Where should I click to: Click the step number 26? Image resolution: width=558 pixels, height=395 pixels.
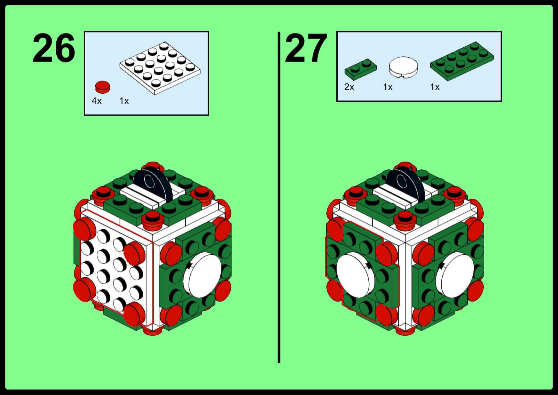coord(54,48)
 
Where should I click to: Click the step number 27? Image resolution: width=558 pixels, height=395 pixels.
coord(306,48)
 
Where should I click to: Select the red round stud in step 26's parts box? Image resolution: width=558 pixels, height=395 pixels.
coord(102,87)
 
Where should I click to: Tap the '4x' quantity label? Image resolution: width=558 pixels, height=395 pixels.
coord(97,101)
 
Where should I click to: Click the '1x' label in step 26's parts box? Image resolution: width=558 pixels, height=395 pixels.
coord(124,101)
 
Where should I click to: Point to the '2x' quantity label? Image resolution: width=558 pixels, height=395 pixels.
coord(349,87)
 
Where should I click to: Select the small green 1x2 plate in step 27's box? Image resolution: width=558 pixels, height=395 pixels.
coord(361,68)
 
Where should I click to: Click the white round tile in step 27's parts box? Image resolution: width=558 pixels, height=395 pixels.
coord(403,67)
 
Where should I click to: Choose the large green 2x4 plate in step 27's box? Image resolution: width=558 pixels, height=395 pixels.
coord(462,61)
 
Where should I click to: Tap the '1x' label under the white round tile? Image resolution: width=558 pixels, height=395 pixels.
coord(388,87)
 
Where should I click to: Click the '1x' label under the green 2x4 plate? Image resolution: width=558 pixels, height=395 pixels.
coord(435,87)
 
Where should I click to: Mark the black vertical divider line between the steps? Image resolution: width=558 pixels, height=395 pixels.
coord(279,197)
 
